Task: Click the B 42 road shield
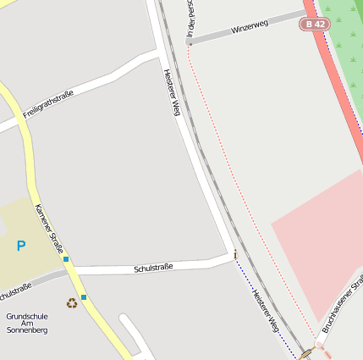[314, 25]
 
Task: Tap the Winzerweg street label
[250, 26]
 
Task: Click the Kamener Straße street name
[50, 229]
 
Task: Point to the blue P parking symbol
[21, 246]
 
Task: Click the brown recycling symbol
[72, 302]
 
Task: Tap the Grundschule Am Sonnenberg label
[27, 323]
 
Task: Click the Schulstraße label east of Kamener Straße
[153, 268]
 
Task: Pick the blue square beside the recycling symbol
[84, 297]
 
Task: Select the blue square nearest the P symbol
[66, 259]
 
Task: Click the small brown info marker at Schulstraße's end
[235, 253]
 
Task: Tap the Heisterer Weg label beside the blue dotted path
[266, 309]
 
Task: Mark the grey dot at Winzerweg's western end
[190, 42]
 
